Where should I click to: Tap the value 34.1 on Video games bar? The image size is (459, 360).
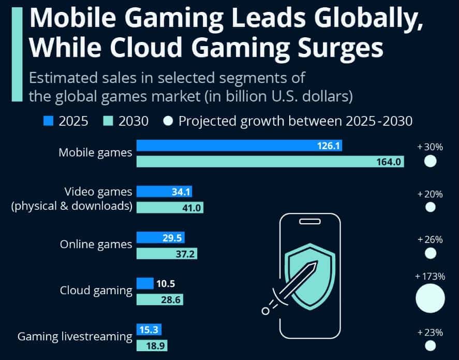[x=181, y=192]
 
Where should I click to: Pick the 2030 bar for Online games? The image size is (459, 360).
[x=167, y=254]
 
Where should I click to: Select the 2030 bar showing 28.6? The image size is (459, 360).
[x=159, y=300]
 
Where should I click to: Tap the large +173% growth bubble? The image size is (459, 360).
[x=430, y=298]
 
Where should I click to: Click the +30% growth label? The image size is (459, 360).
[x=430, y=147]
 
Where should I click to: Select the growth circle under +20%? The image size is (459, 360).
[x=430, y=208]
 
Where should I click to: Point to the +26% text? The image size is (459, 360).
[x=430, y=240]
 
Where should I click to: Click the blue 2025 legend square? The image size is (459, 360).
[x=48, y=122]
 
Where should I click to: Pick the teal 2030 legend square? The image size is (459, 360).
[x=108, y=122]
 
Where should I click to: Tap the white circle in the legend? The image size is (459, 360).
[x=168, y=122]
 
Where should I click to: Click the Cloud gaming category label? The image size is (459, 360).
[x=96, y=290]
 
